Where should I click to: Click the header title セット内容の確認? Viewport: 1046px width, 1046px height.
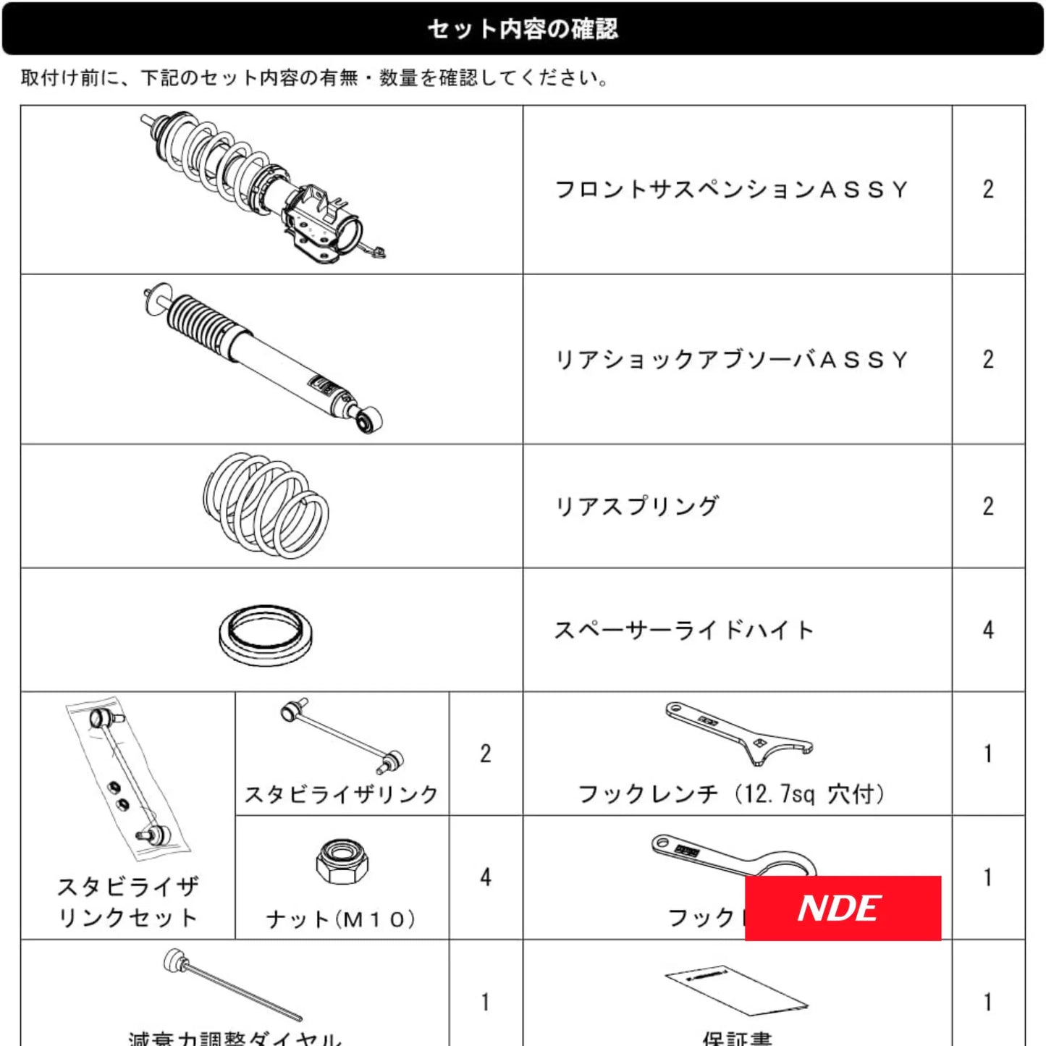[523, 29]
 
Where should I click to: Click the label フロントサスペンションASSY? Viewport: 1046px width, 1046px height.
[731, 190]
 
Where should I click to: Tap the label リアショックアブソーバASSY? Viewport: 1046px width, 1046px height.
[731, 360]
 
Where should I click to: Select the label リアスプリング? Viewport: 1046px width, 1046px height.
[636, 506]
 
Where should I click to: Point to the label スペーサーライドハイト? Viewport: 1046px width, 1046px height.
[684, 630]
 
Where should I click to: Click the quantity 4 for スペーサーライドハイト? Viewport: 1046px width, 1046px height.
[988, 630]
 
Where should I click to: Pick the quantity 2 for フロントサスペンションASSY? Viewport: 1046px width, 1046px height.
[988, 190]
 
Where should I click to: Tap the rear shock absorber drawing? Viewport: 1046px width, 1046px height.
[264, 358]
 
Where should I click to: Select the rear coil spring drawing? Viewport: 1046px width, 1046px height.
[266, 505]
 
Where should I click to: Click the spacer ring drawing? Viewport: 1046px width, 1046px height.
[266, 635]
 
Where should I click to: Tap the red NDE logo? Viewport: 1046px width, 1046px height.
[843, 908]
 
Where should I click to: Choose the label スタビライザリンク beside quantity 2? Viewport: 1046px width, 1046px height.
[342, 794]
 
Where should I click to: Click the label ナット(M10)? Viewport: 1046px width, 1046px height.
[342, 919]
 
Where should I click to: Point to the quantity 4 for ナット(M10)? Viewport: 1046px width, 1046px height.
[485, 877]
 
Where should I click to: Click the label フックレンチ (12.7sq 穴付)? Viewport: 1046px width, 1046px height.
[731, 794]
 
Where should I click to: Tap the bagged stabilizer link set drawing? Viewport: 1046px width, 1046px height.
[129, 778]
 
